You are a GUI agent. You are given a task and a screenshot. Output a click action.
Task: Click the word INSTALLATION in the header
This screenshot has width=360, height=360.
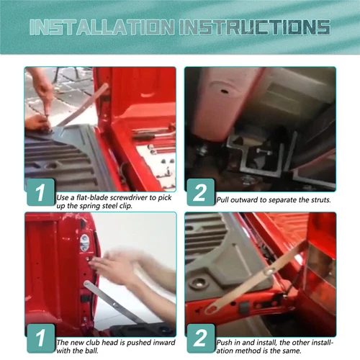click(x=102, y=27)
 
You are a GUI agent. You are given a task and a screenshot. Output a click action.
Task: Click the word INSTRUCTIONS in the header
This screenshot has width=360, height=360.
click(x=255, y=27)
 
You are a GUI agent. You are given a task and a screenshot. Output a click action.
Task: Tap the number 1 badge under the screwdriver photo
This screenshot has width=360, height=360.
click(x=41, y=192)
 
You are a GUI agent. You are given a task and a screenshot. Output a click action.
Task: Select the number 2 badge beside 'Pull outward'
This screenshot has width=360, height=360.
click(x=201, y=192)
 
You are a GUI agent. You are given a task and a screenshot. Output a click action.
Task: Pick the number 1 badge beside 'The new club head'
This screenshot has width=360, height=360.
click(x=41, y=338)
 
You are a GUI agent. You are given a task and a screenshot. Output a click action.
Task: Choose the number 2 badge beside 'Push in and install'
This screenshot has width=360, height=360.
click(x=201, y=338)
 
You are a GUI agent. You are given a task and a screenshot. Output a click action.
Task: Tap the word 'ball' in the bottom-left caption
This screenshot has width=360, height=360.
click(x=93, y=351)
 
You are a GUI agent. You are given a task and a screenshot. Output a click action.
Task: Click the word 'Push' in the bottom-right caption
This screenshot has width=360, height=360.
click(x=224, y=343)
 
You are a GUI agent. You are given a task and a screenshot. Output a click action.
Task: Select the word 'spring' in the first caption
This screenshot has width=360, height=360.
click(x=90, y=207)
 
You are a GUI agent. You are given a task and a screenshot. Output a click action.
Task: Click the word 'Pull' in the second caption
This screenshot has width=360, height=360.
click(x=222, y=200)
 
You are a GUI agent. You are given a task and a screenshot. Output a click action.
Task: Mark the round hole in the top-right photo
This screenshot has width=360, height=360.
click(x=224, y=91)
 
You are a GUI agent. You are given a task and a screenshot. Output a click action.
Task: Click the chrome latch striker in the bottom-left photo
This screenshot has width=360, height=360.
click(x=84, y=243)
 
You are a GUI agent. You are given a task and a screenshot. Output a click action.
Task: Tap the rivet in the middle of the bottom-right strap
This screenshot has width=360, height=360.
click(x=269, y=271)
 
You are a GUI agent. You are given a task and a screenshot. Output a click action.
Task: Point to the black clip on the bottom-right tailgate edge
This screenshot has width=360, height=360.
click(x=245, y=308)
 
